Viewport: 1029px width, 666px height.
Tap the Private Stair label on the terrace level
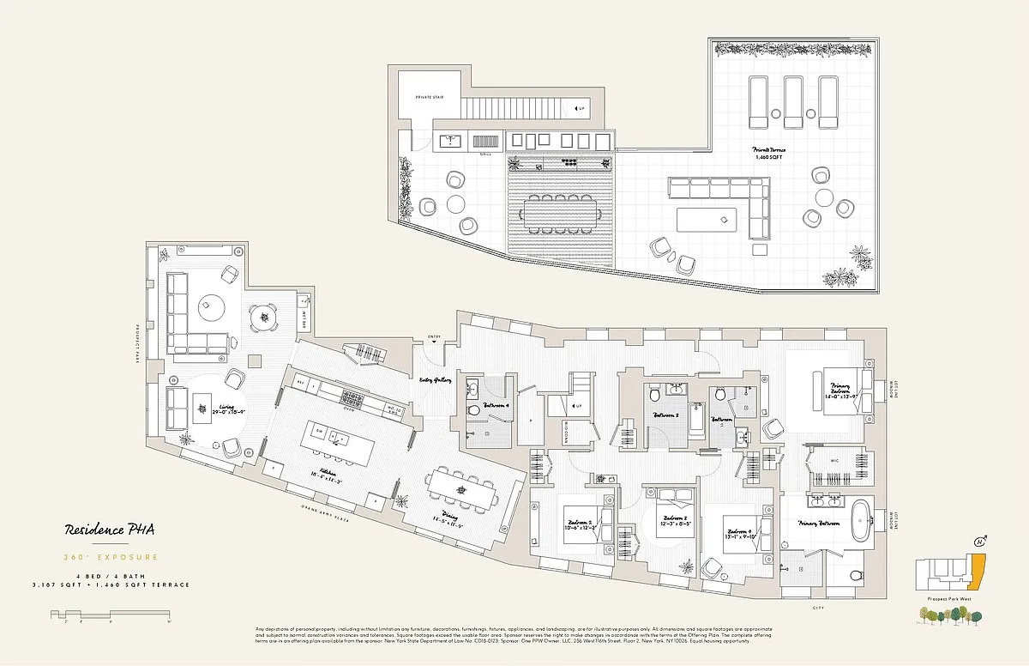point(429,97)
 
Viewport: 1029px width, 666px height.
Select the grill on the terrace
point(485,142)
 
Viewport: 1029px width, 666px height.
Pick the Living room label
point(228,409)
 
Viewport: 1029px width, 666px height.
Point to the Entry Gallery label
point(436,378)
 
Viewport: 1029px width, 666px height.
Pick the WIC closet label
point(833,460)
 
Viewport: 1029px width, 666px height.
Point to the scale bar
point(111,614)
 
